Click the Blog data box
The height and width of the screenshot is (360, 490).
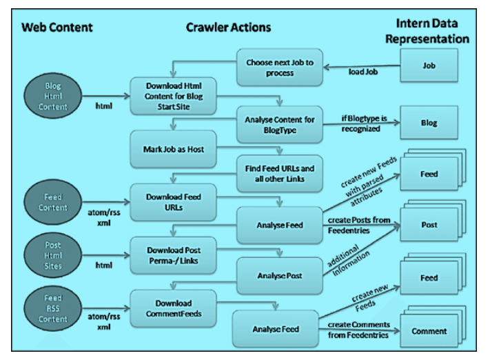[429, 123]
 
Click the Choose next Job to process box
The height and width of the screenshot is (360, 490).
[280, 68]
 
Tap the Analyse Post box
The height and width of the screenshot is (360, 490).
[279, 276]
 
